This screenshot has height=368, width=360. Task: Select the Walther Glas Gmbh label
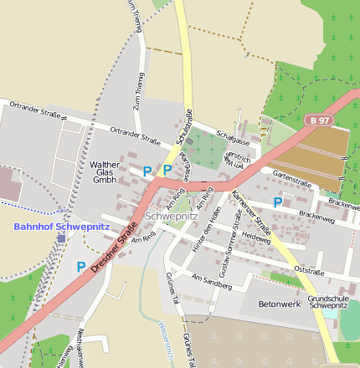(105, 172)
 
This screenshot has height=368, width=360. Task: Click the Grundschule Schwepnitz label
(332, 302)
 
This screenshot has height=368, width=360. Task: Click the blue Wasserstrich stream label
(166, 343)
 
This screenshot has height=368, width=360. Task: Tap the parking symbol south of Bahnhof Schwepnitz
(81, 267)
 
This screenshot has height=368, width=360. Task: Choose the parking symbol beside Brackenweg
(277, 202)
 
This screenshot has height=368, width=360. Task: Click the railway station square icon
(61, 238)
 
